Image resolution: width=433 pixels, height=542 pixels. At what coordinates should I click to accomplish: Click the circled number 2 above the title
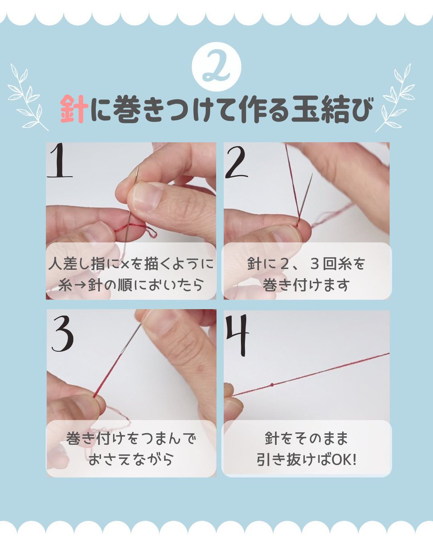coord(216,67)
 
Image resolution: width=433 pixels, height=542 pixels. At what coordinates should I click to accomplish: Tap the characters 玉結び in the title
coord(332,110)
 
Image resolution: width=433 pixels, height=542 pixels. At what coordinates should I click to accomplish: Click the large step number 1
coord(60,160)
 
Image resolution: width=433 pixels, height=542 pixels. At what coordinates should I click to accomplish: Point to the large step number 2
coord(236,163)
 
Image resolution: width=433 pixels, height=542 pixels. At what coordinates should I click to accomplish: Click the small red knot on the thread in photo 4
coord(272,392)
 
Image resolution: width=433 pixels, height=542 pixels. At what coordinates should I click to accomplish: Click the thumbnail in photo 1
coord(144,196)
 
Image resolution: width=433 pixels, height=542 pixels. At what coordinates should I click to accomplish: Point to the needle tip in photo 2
coord(312,173)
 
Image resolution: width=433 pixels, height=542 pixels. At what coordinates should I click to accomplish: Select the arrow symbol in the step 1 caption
coord(79,285)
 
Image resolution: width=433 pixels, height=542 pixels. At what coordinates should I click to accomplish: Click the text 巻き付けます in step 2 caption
coord(306,285)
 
